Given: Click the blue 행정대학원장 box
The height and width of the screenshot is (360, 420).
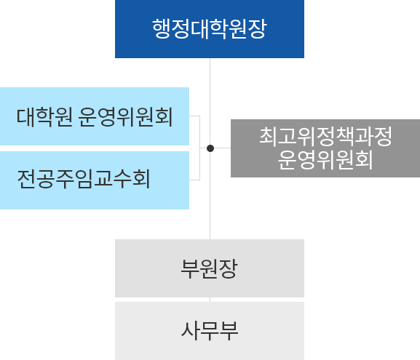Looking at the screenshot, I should (x=210, y=29).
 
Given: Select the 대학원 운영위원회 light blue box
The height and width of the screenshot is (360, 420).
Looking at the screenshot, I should (x=95, y=116).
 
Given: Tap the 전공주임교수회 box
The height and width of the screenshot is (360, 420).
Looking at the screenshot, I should (x=95, y=180).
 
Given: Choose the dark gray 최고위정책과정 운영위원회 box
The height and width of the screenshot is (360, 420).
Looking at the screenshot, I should (x=325, y=148).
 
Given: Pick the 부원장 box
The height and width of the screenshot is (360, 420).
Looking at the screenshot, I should (x=210, y=268).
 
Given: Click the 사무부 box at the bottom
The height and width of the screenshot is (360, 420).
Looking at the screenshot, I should (x=210, y=331).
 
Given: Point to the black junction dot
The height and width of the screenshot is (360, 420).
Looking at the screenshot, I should (x=210, y=148).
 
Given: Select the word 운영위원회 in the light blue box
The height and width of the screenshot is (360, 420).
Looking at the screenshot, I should (x=125, y=116).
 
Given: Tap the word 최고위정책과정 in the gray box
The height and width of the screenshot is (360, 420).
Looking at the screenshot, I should (x=325, y=137).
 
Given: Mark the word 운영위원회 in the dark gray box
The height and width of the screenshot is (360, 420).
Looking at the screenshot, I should (x=325, y=160).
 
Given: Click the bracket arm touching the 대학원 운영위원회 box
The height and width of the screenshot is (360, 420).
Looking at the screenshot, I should (x=194, y=116).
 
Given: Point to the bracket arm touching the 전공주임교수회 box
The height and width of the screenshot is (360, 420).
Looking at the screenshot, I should (x=194, y=179).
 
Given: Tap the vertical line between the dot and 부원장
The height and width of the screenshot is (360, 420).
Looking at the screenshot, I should (x=210, y=196).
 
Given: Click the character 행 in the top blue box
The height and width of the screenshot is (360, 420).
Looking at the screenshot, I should (x=162, y=30).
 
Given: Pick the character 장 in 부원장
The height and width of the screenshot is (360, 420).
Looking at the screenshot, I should (x=229, y=268).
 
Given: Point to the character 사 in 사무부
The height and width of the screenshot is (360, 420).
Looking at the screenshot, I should (x=190, y=331).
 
